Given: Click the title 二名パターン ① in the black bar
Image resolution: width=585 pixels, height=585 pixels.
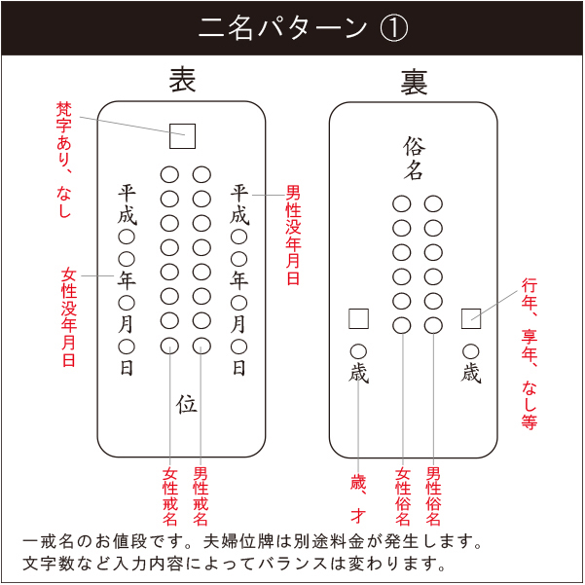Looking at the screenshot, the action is (x=303, y=28).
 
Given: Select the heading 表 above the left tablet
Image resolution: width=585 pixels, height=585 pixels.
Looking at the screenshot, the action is (x=182, y=80).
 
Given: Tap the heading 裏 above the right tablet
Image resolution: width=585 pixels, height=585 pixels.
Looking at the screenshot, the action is (x=414, y=82).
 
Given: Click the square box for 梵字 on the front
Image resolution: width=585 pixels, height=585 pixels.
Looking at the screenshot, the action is (x=182, y=136).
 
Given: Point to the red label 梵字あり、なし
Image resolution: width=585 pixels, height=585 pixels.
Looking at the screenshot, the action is (x=64, y=160).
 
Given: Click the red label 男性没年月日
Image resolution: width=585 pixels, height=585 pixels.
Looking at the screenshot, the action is (x=293, y=235).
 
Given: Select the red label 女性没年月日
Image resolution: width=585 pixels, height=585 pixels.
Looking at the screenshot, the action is (x=69, y=316).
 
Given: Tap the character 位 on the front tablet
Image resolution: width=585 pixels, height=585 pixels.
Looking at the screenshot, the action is (x=187, y=404).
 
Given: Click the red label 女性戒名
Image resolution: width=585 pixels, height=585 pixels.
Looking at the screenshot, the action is (x=170, y=496).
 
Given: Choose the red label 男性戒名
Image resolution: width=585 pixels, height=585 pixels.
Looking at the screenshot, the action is (x=201, y=496).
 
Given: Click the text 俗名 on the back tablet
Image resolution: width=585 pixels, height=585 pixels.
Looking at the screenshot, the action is (x=414, y=159).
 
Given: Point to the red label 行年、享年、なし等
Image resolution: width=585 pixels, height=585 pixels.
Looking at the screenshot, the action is (x=530, y=353).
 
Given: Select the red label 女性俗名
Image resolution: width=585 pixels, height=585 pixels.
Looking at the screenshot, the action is (x=403, y=496).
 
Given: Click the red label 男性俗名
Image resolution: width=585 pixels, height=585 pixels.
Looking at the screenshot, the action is (x=433, y=496).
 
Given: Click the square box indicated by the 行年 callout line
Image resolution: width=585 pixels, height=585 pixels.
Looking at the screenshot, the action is (x=471, y=318).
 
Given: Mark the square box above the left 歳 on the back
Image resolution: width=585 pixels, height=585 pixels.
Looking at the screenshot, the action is (x=358, y=318).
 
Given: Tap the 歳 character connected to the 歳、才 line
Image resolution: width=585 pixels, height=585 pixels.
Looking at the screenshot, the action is (x=358, y=374).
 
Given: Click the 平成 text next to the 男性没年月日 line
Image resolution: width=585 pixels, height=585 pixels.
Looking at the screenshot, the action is (x=239, y=204).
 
